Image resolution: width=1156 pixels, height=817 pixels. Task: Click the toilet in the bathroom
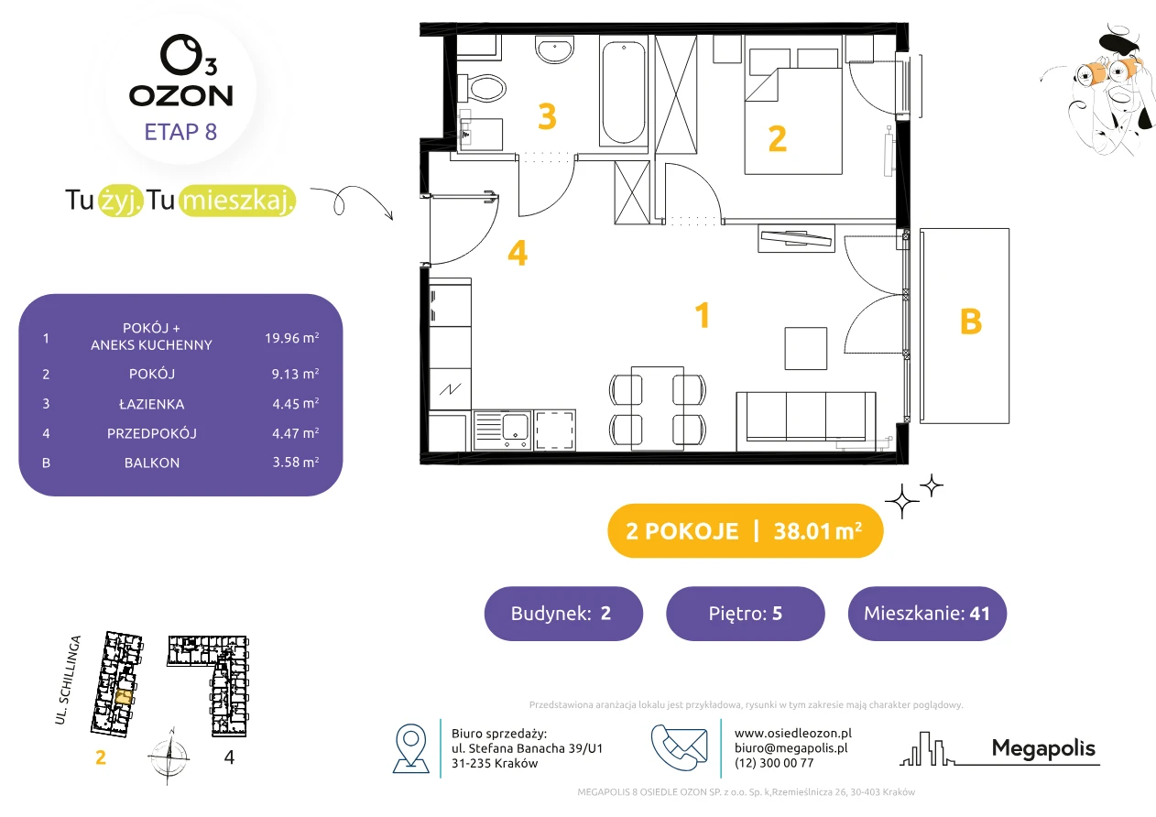[482, 88]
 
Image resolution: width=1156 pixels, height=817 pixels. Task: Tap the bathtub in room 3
[624, 92]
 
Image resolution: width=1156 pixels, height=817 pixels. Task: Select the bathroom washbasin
[554, 49]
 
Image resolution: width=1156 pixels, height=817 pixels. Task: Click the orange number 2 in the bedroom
[777, 139]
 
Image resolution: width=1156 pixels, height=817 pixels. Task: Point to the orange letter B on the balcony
[970, 321]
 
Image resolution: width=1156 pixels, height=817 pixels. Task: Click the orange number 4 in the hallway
[518, 253]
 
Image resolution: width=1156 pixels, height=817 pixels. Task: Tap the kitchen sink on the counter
[502, 430]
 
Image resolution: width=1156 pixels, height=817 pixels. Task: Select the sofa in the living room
[805, 421]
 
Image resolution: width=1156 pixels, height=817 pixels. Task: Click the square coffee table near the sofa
[805, 348]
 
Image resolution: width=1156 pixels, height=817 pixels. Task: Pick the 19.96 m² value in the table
[292, 338]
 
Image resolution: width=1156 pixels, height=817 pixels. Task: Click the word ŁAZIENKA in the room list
[152, 404]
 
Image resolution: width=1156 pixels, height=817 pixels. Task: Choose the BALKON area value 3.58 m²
[296, 462]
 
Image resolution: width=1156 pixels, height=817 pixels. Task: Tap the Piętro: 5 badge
[746, 613]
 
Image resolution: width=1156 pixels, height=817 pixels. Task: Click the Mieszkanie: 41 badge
[927, 613]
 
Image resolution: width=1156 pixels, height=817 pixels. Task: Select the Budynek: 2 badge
[563, 613]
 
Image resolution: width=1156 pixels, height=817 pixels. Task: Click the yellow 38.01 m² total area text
[818, 531]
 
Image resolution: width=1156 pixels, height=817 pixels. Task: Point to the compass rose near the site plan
[169, 756]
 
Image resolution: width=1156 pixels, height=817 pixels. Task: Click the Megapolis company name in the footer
[1043, 748]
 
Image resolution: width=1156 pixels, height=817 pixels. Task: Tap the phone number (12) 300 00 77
[774, 763]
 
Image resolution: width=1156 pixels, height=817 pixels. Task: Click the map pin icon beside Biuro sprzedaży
[410, 747]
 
